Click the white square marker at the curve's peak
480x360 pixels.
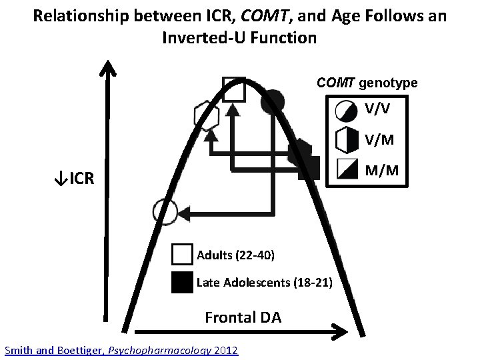tap(233, 89)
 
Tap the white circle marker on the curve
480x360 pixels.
tap(165, 211)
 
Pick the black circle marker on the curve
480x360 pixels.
tap(273, 101)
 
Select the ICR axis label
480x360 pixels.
tap(74, 179)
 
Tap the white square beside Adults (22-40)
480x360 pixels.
tap(181, 255)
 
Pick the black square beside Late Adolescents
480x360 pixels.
tap(181, 283)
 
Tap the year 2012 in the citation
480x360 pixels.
tap(225, 350)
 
